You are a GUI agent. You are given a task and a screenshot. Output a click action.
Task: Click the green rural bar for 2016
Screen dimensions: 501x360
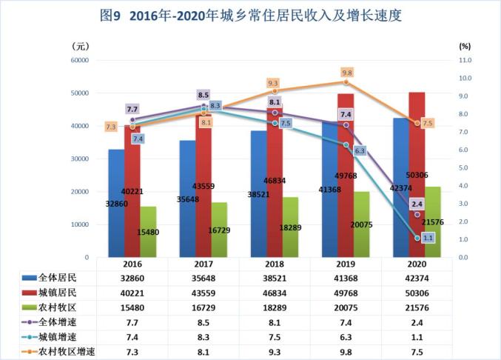pyautogui.click(x=148, y=232)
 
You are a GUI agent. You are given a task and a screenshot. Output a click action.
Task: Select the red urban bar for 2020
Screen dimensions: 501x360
pyautogui.click(x=417, y=175)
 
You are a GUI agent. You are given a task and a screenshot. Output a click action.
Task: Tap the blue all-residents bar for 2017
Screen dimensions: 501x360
pyautogui.click(x=187, y=199)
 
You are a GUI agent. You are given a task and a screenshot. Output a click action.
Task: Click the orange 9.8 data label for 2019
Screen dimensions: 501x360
pyautogui.click(x=347, y=73)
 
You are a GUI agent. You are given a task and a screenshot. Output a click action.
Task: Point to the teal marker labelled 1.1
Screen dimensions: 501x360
pyautogui.click(x=417, y=239)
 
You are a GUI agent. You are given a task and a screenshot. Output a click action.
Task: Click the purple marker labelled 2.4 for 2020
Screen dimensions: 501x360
pyautogui.click(x=417, y=215)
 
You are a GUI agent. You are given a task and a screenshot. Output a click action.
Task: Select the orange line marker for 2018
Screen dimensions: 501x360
pyautogui.click(x=275, y=91)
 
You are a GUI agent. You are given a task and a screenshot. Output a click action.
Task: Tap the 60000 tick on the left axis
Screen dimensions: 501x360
pyautogui.click(x=80, y=61)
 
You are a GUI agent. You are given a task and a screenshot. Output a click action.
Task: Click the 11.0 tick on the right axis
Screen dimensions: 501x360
pyautogui.click(x=465, y=61)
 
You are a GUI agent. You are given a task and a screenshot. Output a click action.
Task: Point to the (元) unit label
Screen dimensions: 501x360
pyautogui.click(x=81, y=47)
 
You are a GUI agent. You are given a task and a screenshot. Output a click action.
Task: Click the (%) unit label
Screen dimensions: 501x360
pyautogui.click(x=465, y=47)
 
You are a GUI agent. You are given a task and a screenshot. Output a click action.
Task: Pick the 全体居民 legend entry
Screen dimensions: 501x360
pyautogui.click(x=49, y=278)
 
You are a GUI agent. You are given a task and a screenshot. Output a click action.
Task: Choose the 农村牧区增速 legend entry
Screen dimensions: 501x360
pyautogui.click(x=58, y=352)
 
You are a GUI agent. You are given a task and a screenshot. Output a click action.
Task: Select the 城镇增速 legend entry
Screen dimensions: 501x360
pyautogui.click(x=49, y=337)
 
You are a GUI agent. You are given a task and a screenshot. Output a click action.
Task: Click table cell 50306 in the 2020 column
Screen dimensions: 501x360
pyautogui.click(x=417, y=293)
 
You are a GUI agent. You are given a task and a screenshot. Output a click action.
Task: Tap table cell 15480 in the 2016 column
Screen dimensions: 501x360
pyautogui.click(x=132, y=308)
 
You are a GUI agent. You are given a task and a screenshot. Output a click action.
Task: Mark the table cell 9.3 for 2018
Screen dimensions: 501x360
pyautogui.click(x=275, y=352)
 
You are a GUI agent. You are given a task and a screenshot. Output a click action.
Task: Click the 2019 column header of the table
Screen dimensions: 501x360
pyautogui.click(x=346, y=264)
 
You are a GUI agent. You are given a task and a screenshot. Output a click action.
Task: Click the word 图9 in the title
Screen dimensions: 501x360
pyautogui.click(x=110, y=16)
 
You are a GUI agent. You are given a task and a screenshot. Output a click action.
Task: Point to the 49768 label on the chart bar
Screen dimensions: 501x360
pyautogui.click(x=346, y=176)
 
